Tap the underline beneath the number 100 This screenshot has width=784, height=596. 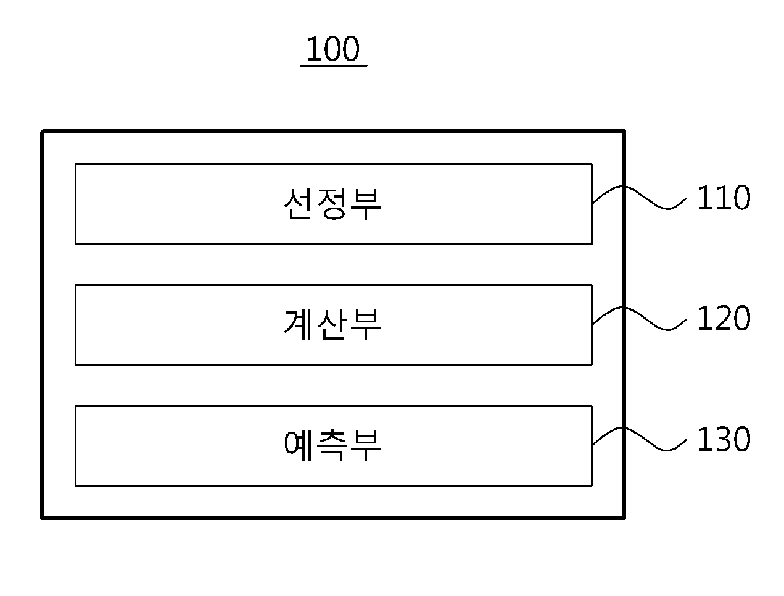coord(333,66)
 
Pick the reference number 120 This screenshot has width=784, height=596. coord(724,318)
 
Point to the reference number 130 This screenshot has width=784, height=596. coord(724,439)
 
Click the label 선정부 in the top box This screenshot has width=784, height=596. coord(332,204)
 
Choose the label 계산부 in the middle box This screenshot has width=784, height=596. coord(332,325)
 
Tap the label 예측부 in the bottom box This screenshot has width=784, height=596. coord(332,445)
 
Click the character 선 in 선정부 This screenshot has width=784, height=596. coord(297,203)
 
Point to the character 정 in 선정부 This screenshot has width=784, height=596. coord(332,204)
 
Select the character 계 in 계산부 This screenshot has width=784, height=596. coord(297,325)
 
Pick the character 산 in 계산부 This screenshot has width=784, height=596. coord(332,324)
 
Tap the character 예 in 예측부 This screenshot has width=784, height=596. coord(297,445)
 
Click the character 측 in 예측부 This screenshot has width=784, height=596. coord(332,445)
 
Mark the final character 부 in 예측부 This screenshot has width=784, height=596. coord(366,446)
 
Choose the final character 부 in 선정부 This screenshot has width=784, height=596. coord(366,204)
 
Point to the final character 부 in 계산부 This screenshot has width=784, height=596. coord(366,325)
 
